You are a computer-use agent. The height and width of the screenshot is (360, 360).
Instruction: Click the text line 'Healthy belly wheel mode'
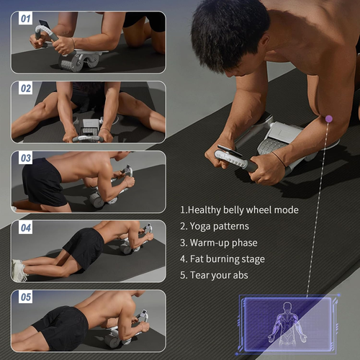(239, 210)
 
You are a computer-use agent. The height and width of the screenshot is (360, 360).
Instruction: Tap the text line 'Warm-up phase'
(219, 243)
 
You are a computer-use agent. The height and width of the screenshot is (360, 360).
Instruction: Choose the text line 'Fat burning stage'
(222, 258)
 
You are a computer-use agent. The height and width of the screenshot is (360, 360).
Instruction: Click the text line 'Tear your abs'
(217, 274)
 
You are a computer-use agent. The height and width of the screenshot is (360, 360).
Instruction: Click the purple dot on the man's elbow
(329, 119)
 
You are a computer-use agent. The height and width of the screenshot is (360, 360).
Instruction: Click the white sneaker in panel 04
(19, 270)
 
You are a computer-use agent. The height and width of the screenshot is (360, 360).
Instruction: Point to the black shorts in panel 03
(42, 182)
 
